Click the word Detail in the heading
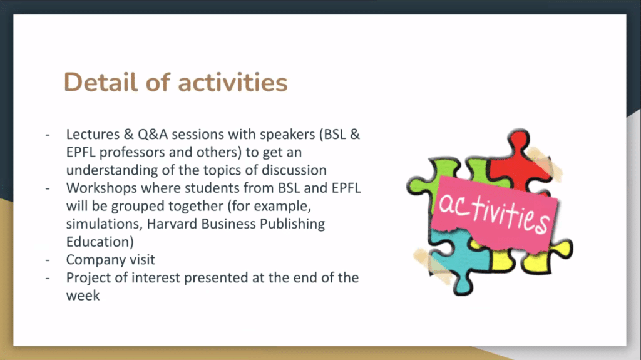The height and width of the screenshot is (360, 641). [101, 82]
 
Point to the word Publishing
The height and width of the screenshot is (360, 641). [292, 224]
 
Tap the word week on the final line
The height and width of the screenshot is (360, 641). [83, 296]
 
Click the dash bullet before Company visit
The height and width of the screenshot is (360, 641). [48, 260]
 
